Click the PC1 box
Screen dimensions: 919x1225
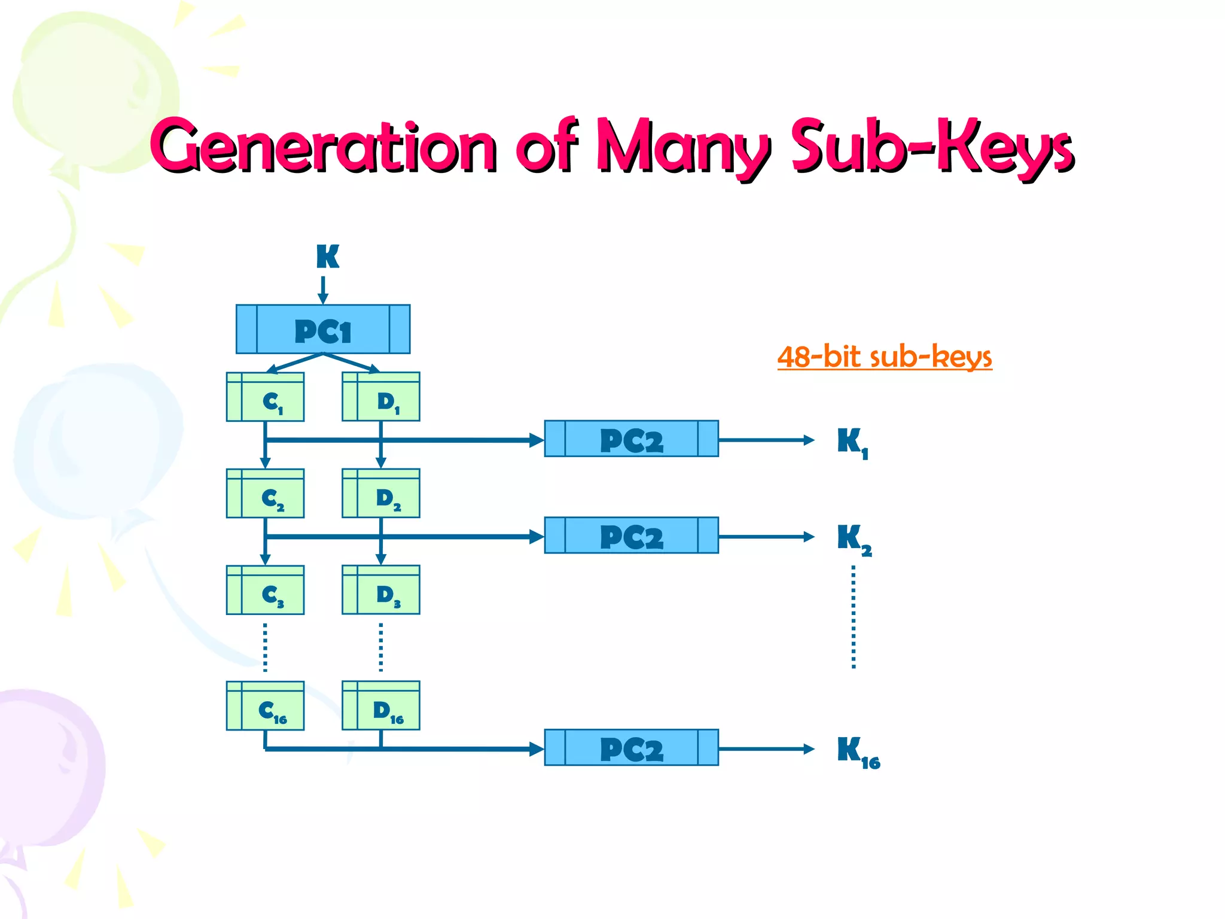[323, 329]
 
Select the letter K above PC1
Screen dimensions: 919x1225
[327, 257]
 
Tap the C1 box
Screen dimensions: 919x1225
[265, 397]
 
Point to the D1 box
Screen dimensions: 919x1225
[381, 397]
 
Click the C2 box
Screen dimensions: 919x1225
[265, 494]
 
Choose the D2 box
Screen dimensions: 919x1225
[381, 494]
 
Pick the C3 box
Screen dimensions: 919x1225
[265, 590]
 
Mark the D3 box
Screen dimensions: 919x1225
[381, 590]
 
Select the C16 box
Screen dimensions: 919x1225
[265, 706]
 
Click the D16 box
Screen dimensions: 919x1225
[381, 706]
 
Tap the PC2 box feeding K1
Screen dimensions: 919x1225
[631, 439]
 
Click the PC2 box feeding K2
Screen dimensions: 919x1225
[631, 535]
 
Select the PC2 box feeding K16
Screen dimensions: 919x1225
[631, 748]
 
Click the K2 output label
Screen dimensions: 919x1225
[854, 539]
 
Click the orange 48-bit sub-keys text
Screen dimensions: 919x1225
[884, 357]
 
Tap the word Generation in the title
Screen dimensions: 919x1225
[323, 147]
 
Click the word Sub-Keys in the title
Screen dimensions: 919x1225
[932, 147]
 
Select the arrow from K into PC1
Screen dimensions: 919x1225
[323, 290]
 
